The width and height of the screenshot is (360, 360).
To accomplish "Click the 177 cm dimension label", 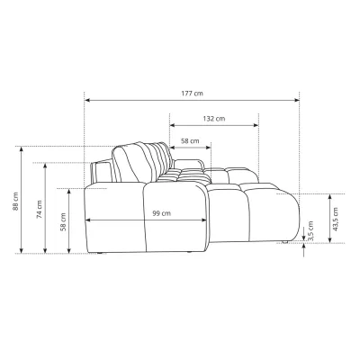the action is coord(192,94).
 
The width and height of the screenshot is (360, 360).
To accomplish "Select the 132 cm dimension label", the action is coord(214,119).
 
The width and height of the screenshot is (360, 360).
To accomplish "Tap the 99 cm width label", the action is coord(161,213).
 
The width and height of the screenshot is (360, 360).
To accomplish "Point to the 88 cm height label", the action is coord(15,202).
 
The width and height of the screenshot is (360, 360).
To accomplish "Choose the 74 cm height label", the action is coord(40,209).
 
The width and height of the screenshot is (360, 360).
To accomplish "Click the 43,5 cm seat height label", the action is coord(335,219).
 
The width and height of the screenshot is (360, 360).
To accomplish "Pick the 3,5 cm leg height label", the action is coord(310,230).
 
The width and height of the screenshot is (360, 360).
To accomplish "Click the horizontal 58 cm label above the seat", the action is coord(190,140).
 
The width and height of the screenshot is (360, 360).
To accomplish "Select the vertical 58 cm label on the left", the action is coord(63,222).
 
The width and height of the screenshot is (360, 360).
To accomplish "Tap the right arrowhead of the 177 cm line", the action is coord(297,100).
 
